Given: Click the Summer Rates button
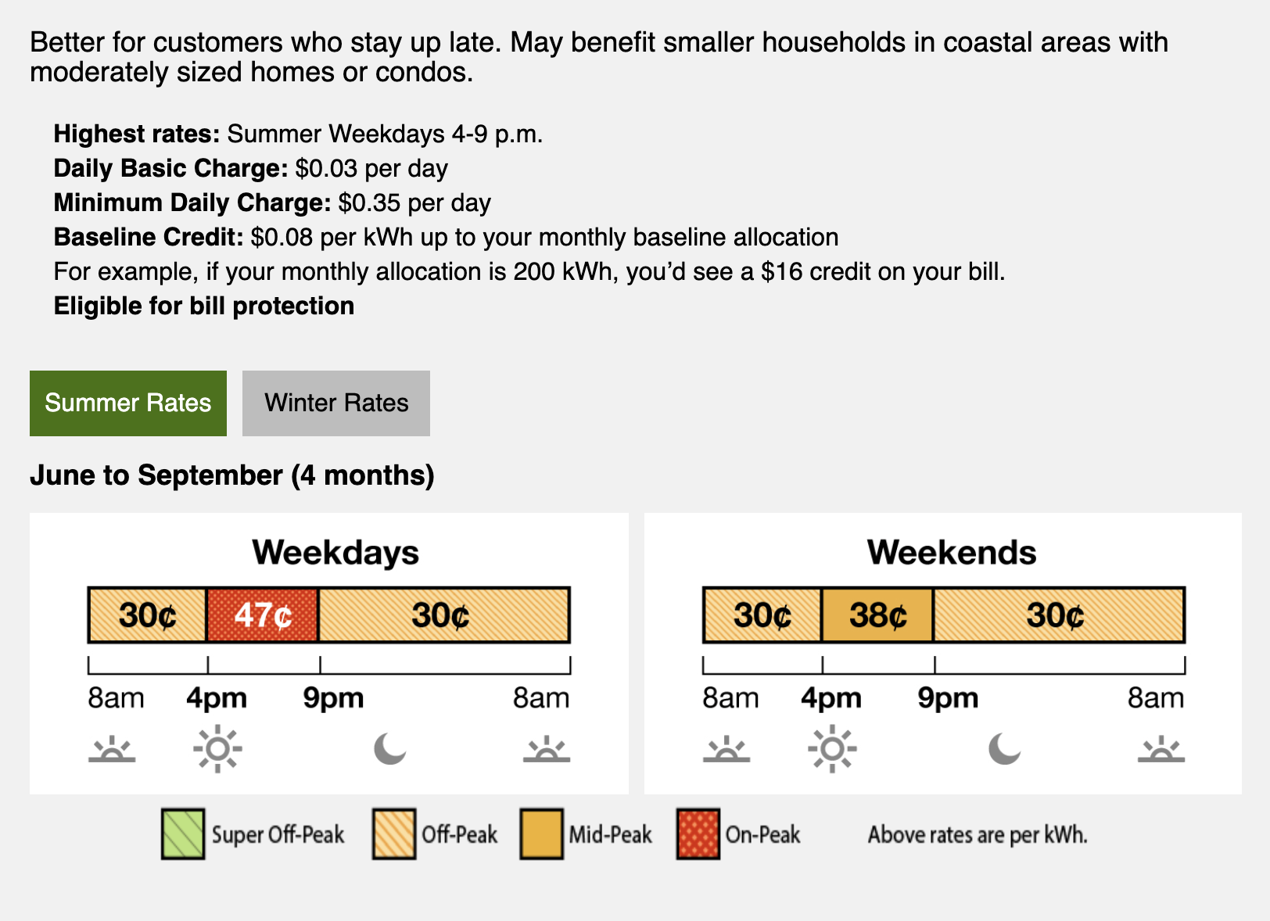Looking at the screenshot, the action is pos(128,403).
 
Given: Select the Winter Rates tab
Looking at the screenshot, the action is pos(335,403).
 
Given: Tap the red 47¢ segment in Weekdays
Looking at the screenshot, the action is pos(263,615).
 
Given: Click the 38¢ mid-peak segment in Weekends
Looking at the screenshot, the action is pos(877,615).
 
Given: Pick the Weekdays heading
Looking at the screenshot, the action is pos(335,553).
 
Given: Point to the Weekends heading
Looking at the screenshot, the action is pos(952,553).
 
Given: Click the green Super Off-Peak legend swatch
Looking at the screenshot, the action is pos(182,834).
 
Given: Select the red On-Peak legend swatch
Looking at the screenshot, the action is pos(698,834).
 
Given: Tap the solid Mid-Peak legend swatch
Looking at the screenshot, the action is pos(541,834).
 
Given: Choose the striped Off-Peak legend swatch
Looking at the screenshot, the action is pos(394,834).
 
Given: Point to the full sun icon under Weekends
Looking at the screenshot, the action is pos(832,749).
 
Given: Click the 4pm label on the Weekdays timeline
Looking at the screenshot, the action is pos(217,697).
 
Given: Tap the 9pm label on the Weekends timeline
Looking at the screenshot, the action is pos(948,697).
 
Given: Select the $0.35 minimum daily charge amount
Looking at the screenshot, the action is pos(369,203).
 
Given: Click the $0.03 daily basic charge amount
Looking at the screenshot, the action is pos(326,168).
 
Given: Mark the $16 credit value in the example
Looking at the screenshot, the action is pos(782,271).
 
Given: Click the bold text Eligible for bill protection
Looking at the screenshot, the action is pos(204,306).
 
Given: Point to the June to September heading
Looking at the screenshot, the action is pos(232,475).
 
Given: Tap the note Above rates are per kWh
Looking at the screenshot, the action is pos(978,835).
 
